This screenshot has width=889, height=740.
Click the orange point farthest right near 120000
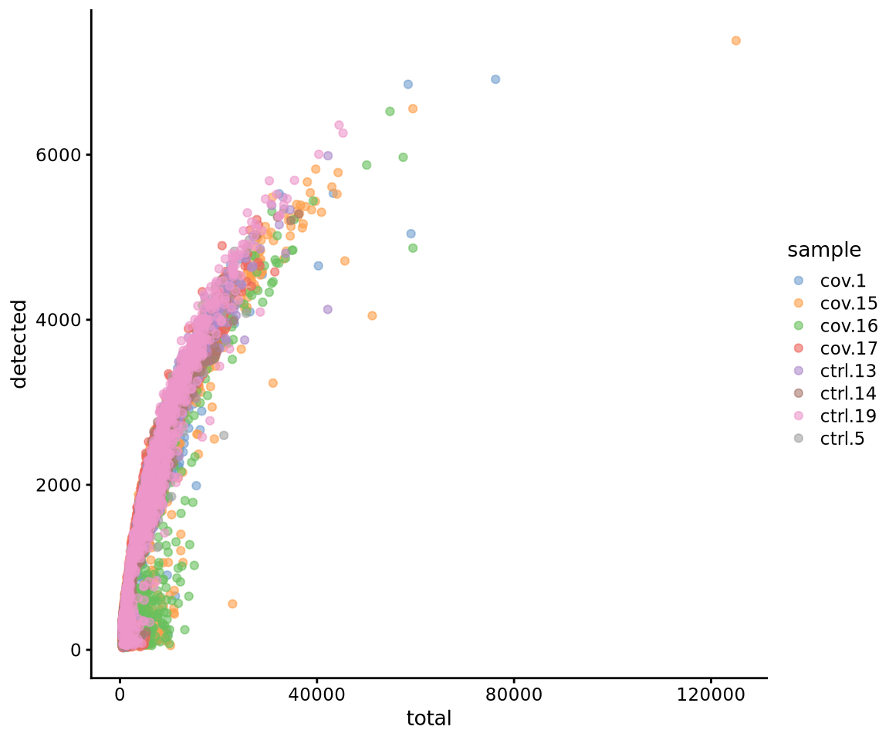(735, 40)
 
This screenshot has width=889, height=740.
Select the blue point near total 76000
(495, 79)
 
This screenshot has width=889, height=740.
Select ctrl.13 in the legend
(841, 371)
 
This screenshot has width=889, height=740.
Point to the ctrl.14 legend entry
(841, 394)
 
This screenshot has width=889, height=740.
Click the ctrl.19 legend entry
(841, 416)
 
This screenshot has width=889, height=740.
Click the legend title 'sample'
(824, 250)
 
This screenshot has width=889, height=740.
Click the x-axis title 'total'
(428, 719)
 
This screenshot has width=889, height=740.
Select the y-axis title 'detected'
(19, 344)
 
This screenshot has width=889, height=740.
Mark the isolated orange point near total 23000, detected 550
(232, 604)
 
